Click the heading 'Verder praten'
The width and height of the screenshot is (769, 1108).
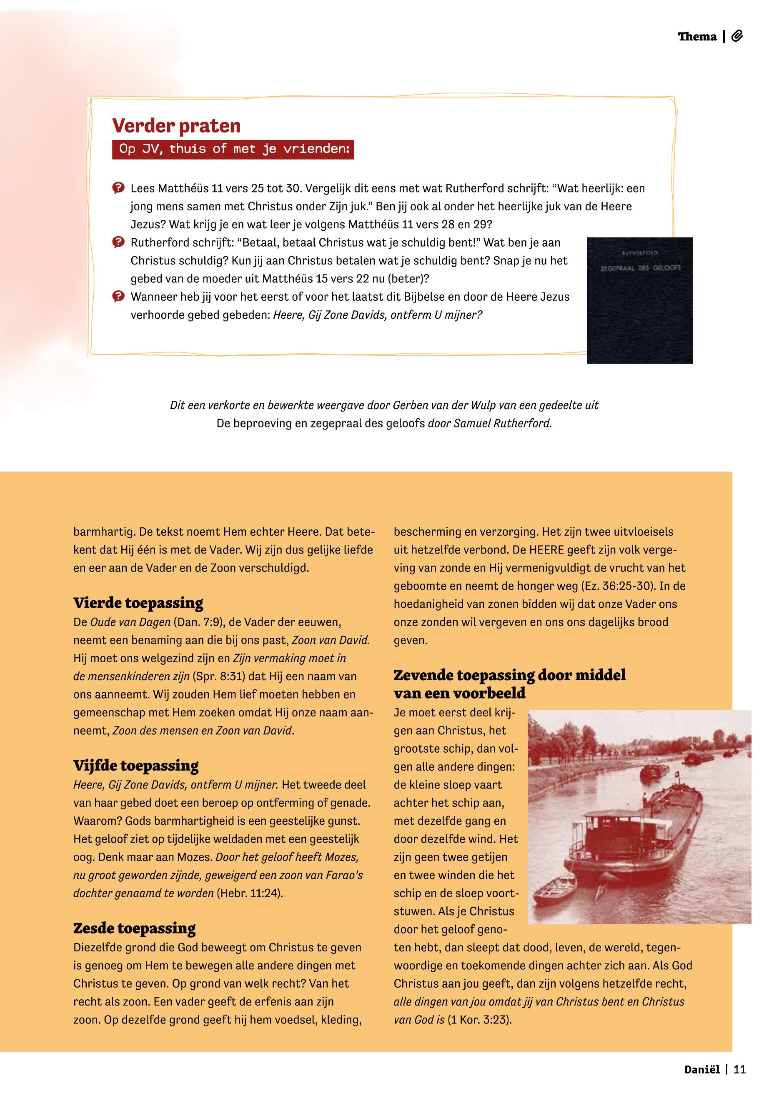point(176,126)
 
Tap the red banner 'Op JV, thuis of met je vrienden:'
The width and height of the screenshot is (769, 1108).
point(234,149)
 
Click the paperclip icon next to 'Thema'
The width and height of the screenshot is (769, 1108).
point(737,37)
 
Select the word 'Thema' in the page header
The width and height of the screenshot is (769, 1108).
point(697,37)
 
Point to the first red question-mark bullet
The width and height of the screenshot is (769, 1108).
point(118,188)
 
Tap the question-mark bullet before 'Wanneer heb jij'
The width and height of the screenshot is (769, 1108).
point(118,297)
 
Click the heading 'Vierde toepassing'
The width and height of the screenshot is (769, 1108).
point(138,602)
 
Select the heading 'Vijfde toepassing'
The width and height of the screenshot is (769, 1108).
point(136,765)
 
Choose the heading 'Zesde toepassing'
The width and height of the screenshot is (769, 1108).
point(135,928)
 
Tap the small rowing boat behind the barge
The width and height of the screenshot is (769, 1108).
point(556,891)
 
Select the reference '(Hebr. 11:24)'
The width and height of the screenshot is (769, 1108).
point(250,893)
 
